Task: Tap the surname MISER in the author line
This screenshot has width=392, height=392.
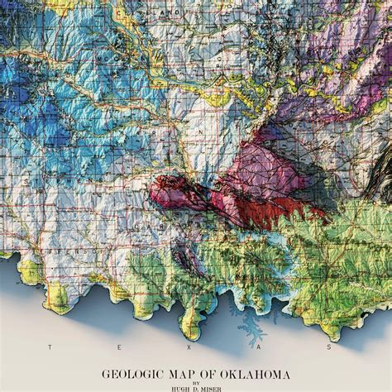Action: tap(213, 387)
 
